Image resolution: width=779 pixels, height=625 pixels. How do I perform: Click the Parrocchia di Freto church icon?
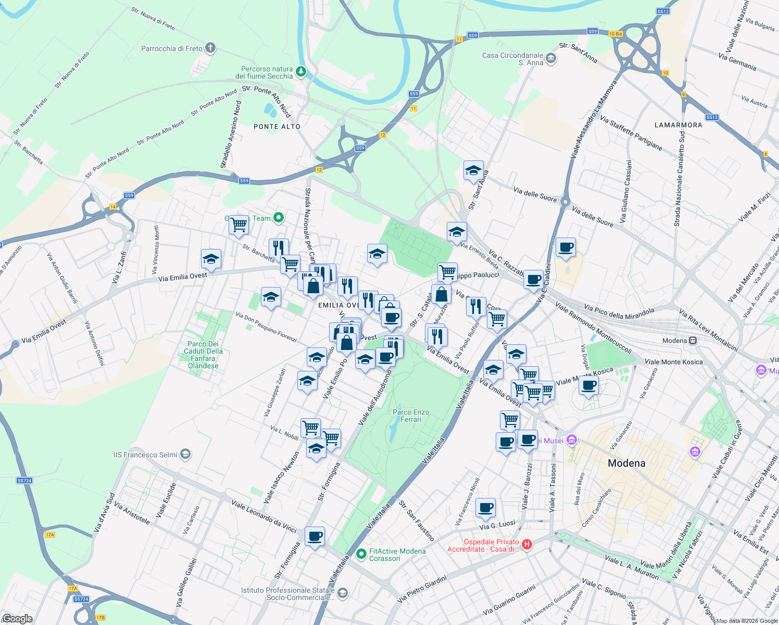pos(210,48)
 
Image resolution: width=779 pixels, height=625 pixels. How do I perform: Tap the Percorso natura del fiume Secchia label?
pos(264,72)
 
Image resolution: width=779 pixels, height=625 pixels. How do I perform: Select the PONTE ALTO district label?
pos(277,127)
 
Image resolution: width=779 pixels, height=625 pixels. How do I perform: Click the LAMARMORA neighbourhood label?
pos(678,125)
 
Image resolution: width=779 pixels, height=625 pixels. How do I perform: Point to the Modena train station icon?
pos(693,341)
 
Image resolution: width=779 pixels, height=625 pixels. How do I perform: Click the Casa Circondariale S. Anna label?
pos(512,59)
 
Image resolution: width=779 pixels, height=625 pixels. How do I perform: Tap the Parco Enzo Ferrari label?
pos(411,416)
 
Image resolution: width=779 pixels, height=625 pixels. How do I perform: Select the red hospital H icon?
pos(527,545)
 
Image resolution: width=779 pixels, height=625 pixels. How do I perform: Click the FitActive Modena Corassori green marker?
pos(361,555)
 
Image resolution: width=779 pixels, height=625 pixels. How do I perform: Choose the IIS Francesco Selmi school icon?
pos(185,455)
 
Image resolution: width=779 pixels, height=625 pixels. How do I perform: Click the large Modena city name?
pos(626,463)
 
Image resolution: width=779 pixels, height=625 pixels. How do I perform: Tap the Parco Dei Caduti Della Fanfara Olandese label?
pos(203,355)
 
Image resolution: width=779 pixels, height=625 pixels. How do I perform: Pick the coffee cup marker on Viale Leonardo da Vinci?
pos(315,536)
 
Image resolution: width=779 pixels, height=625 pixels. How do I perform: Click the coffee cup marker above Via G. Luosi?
pos(485,507)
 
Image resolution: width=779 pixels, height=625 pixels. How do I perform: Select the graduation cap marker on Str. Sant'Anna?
pos(473,170)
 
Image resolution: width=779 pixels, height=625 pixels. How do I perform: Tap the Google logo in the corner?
pos(17,619)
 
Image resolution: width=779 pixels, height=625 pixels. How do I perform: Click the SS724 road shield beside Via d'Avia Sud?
pos(24,481)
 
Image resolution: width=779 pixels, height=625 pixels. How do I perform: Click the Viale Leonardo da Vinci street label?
pos(264,516)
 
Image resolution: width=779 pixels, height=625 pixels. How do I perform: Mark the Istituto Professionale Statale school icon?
pos(342,593)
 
